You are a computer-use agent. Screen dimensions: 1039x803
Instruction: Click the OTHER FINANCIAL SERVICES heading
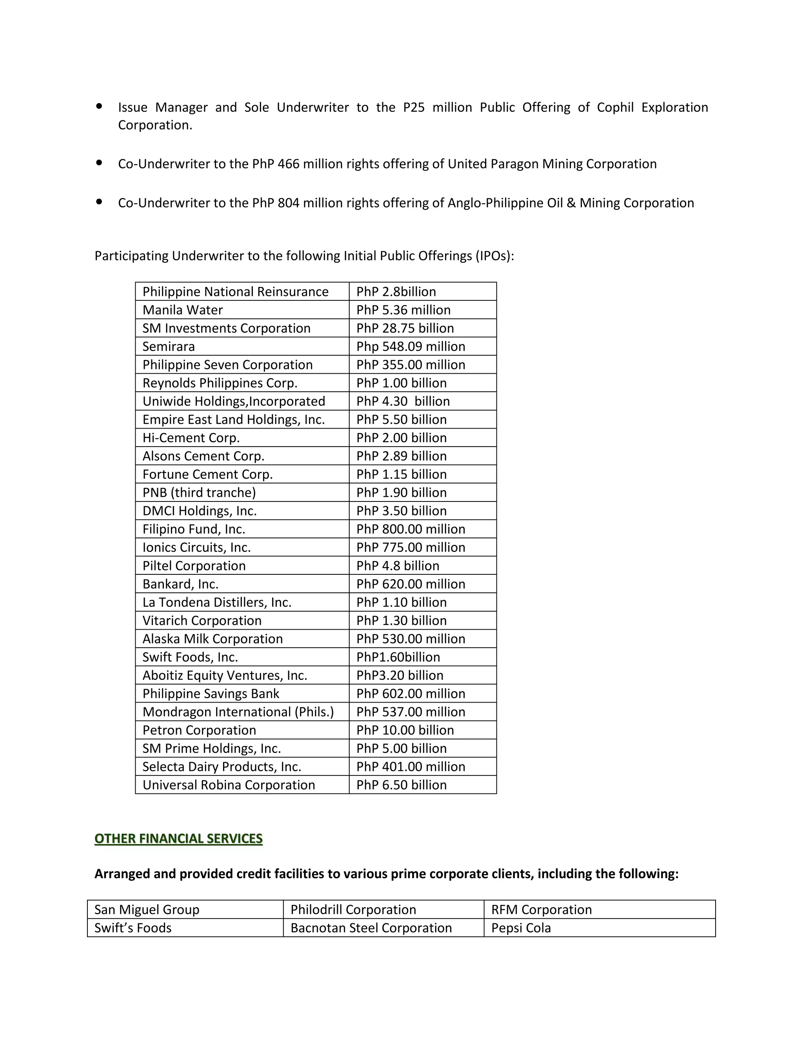(178, 838)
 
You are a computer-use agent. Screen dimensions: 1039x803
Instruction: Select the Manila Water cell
(183, 310)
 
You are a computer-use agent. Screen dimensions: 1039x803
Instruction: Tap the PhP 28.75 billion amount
(405, 328)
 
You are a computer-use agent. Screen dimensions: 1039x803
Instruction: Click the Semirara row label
(168, 346)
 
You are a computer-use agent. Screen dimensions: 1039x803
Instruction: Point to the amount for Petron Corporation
(405, 730)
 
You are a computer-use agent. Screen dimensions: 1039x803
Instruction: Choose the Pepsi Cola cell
(521, 928)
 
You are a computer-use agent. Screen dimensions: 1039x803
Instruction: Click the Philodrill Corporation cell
(353, 910)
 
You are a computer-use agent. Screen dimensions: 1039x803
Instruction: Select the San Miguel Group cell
(147, 910)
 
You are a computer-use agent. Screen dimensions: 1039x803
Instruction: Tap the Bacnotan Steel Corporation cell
(371, 928)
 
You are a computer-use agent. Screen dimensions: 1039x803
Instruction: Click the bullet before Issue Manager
(99, 107)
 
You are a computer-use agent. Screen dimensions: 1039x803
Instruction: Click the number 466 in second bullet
(288, 164)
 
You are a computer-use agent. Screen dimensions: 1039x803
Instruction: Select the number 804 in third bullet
(288, 203)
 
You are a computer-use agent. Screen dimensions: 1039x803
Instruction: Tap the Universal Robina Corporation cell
(229, 785)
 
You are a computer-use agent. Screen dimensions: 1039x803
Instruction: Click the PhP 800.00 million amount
(411, 529)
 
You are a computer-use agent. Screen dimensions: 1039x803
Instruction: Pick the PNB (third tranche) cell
(199, 493)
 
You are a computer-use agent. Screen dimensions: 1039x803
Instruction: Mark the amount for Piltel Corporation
(398, 566)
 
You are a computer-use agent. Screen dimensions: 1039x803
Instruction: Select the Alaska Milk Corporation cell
(213, 639)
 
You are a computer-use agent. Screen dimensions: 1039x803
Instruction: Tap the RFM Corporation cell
(541, 910)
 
